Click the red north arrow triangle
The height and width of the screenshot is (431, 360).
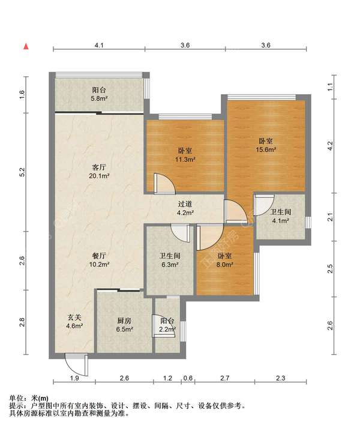point(26,46)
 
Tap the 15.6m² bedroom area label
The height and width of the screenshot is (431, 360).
point(266,146)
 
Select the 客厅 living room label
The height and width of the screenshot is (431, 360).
point(99,167)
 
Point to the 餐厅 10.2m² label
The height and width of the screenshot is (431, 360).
point(99,260)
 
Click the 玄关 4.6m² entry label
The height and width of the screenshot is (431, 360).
point(74,322)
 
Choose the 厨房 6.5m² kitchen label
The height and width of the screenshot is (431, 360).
point(124,325)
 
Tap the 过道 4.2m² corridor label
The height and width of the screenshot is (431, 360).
point(185,208)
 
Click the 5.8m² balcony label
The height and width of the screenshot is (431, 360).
point(99,94)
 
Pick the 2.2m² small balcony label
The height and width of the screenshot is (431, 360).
point(167,325)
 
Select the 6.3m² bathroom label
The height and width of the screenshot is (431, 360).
point(170,260)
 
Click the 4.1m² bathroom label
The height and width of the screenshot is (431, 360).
point(280,216)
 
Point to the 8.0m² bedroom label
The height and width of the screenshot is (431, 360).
point(224,260)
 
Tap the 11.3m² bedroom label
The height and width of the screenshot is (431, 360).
point(185,155)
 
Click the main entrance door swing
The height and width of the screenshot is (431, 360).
point(77,364)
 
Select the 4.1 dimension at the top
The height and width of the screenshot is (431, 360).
point(99,45)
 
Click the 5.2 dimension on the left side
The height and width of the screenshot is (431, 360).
point(22,172)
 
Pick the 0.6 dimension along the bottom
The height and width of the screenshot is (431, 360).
point(188,378)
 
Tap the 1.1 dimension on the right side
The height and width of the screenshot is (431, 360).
point(331,87)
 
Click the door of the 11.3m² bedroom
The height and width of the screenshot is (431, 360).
point(164,184)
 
